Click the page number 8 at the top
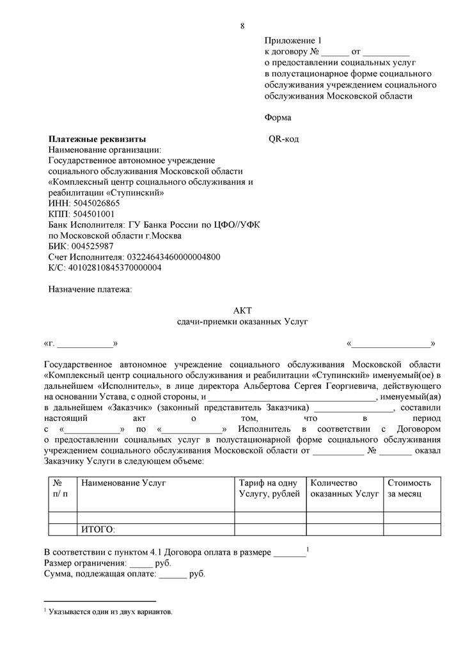pos(242,26)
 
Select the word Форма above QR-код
pos(278,118)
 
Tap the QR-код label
pos(283,139)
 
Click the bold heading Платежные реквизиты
pos(97,139)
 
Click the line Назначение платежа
pos(90,289)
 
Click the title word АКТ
pos(242,310)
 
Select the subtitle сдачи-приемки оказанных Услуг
pos(242,321)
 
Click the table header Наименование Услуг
pos(123,483)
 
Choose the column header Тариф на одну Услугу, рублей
pos(269,489)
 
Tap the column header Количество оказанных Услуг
pos(344,489)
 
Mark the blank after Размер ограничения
pos(141,564)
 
